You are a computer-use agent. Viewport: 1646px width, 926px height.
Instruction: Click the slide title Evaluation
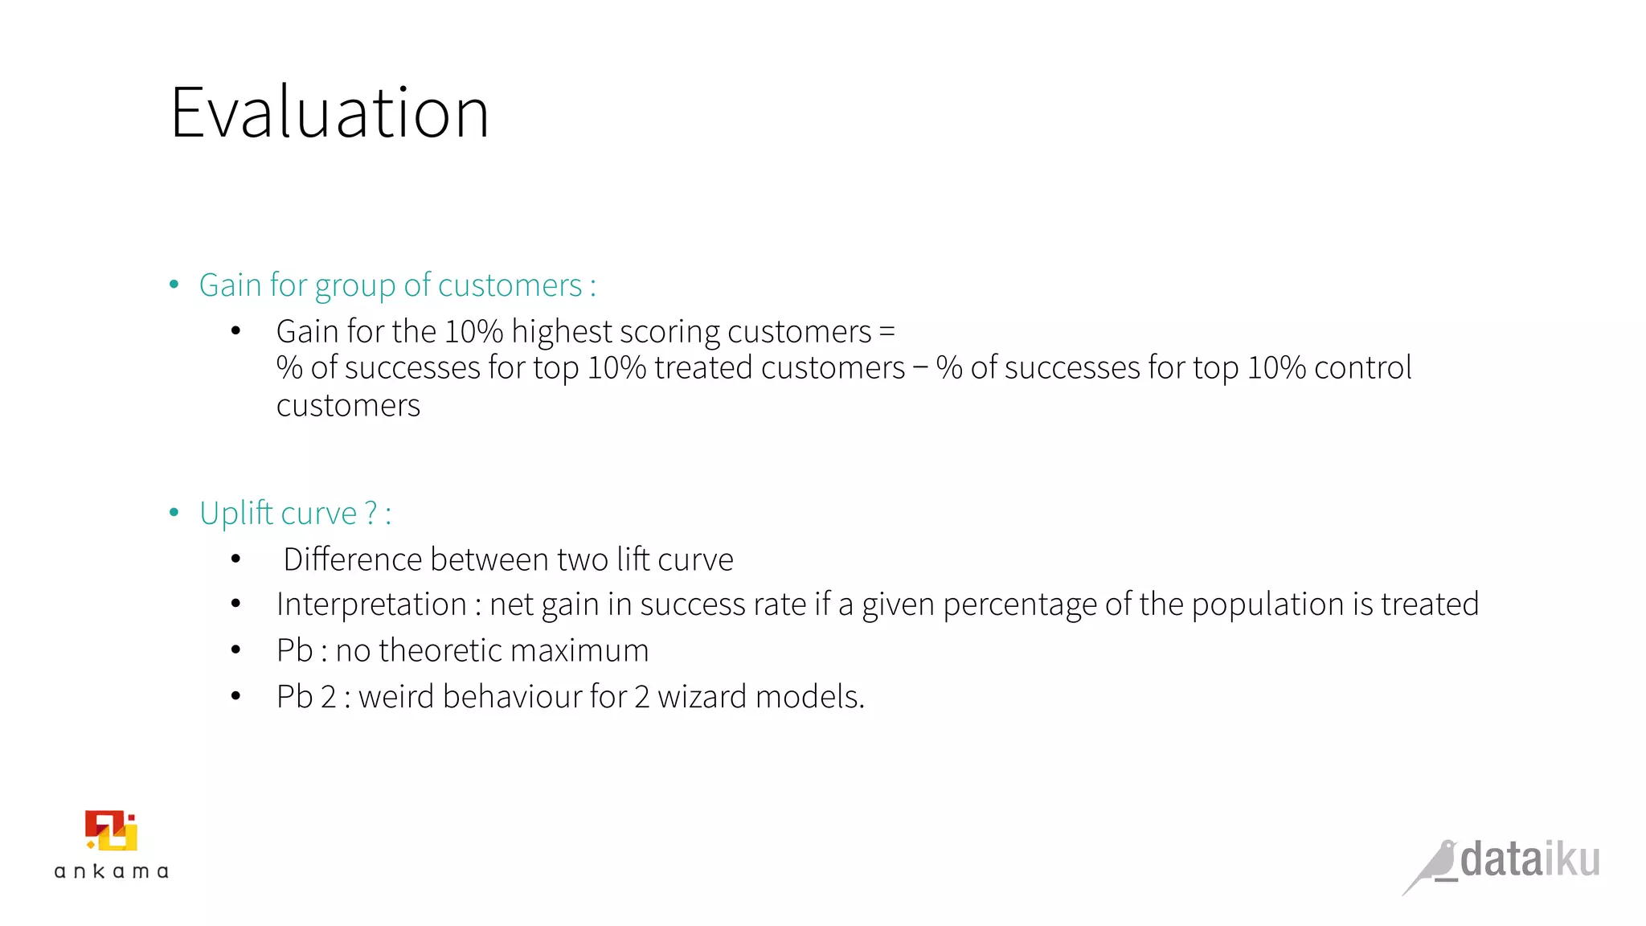click(330, 113)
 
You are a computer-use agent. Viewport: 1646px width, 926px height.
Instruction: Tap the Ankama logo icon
click(111, 830)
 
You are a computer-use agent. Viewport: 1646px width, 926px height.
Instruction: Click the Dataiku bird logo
click(1435, 866)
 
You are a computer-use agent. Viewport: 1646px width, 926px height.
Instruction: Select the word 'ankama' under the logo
click(111, 871)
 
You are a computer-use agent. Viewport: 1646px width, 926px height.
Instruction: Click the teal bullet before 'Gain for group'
click(174, 285)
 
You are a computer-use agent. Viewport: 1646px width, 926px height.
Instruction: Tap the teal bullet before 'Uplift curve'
click(174, 513)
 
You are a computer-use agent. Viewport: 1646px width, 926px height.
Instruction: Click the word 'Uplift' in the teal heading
click(236, 513)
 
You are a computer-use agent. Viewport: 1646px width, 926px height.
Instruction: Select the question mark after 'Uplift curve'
click(371, 513)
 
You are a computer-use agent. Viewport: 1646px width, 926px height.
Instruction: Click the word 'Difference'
click(352, 559)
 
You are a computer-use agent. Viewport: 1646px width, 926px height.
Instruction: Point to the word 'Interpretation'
click(371, 604)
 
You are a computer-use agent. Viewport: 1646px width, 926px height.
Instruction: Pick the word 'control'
click(1362, 368)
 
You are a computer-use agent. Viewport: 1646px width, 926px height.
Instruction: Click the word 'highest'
click(561, 332)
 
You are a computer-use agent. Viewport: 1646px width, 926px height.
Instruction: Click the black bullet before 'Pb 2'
click(235, 696)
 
